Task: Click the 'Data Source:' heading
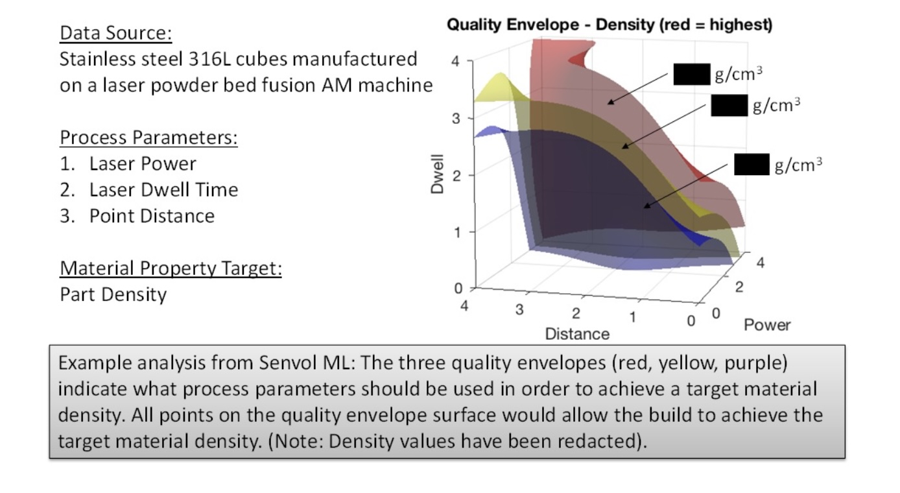(116, 32)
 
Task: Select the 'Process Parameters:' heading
(148, 138)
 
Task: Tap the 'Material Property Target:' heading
(171, 268)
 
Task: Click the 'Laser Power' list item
(142, 163)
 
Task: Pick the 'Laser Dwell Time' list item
(163, 189)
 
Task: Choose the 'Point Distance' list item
(152, 215)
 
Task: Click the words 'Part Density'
(113, 295)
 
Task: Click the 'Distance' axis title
(577, 334)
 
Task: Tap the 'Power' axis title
(767, 324)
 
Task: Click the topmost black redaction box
(691, 75)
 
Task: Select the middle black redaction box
(729, 105)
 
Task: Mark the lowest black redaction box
(752, 165)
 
